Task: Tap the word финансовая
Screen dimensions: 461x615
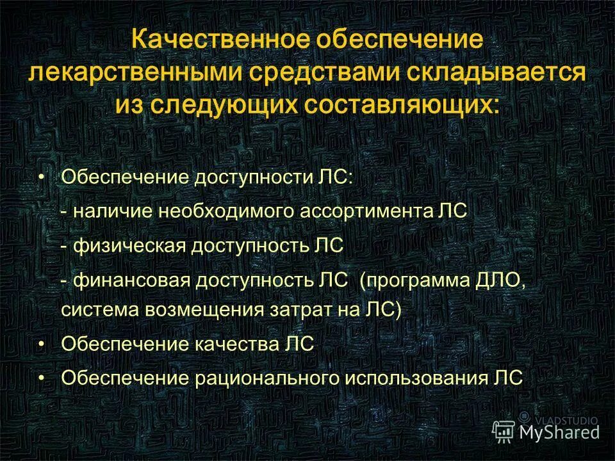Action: pyautogui.click(x=131, y=279)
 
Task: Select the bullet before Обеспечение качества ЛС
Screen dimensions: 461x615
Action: pyautogui.click(x=41, y=344)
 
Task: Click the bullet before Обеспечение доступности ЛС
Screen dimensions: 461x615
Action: pyautogui.click(x=41, y=176)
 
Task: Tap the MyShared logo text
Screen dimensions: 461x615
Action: pyautogui.click(x=559, y=432)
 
